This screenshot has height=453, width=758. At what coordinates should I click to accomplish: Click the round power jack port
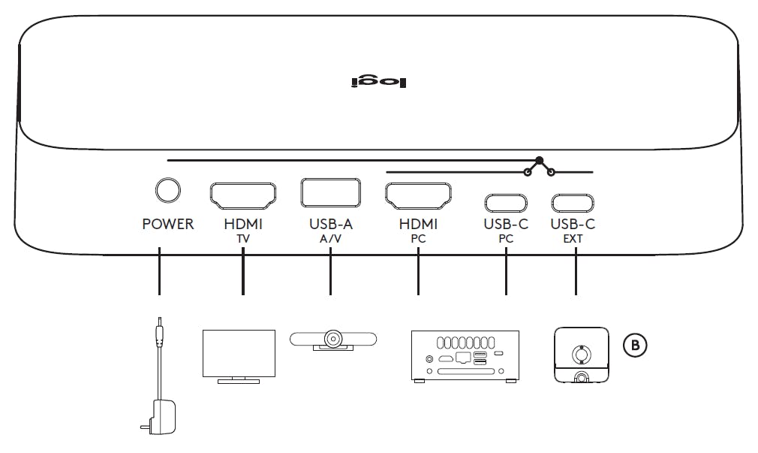coord(168,191)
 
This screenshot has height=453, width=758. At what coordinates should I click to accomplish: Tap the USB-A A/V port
coord(329,192)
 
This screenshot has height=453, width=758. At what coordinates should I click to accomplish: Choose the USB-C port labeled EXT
coord(575,202)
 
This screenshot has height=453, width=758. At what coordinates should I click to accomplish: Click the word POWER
coord(168,225)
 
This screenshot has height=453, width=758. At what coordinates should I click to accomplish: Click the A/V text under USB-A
coord(329,238)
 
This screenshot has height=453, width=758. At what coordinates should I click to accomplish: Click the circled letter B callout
coord(635,345)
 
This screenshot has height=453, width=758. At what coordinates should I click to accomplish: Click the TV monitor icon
coord(239,355)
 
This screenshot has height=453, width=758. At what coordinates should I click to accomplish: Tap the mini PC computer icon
coord(465,356)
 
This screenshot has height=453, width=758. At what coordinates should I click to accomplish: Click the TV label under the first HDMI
coord(243,238)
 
